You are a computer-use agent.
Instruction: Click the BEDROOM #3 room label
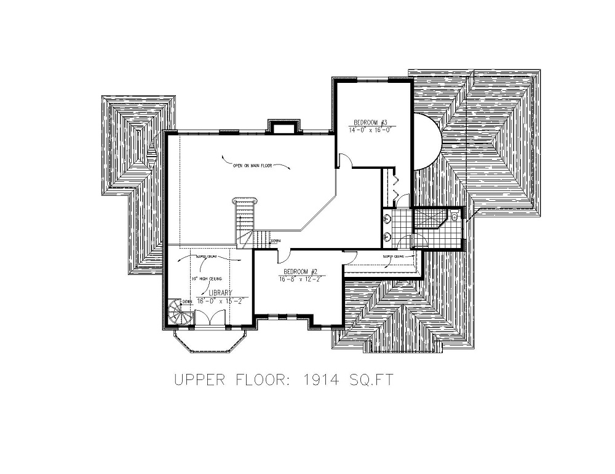click(x=369, y=122)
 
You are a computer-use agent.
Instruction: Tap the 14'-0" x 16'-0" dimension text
click(x=370, y=130)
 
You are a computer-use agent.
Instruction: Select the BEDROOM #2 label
click(x=300, y=271)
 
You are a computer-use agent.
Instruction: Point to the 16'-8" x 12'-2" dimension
click(x=301, y=279)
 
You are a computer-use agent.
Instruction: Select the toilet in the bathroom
click(x=454, y=216)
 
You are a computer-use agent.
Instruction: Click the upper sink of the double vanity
click(x=388, y=219)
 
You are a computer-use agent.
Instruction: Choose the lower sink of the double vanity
click(x=388, y=236)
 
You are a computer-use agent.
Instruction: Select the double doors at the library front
click(x=212, y=316)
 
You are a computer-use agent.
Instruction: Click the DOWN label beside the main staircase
click(x=275, y=241)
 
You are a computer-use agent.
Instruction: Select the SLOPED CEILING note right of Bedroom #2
click(x=393, y=256)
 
